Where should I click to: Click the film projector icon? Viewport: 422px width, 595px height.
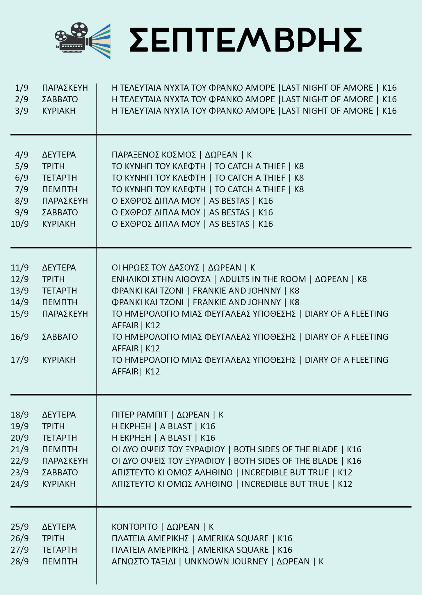tap(83, 41)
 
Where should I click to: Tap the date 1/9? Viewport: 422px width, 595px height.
tap(22, 88)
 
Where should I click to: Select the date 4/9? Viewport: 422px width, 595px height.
tap(22, 155)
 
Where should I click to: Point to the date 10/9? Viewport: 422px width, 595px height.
tap(20, 224)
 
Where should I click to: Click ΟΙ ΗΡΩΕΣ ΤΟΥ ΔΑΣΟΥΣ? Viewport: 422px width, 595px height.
tap(155, 267)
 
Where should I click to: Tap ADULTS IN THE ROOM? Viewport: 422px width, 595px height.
tap(263, 279)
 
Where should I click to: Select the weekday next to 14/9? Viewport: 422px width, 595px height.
tap(60, 302)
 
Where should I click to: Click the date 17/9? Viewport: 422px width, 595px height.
tap(20, 360)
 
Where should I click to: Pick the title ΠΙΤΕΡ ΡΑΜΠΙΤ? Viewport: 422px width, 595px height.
tap(140, 415)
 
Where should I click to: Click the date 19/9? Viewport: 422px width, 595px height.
tap(20, 426)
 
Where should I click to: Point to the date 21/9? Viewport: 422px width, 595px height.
tap(20, 449)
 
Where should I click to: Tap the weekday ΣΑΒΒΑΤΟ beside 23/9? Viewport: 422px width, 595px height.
tap(60, 472)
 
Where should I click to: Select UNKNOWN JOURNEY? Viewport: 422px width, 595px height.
tap(226, 561)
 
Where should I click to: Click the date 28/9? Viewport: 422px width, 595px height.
tap(20, 561)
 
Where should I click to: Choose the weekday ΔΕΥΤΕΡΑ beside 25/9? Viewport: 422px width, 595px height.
tap(59, 527)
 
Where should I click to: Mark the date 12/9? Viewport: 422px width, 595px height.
tap(20, 279)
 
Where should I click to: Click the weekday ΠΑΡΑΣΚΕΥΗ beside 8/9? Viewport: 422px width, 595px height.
tap(65, 201)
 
